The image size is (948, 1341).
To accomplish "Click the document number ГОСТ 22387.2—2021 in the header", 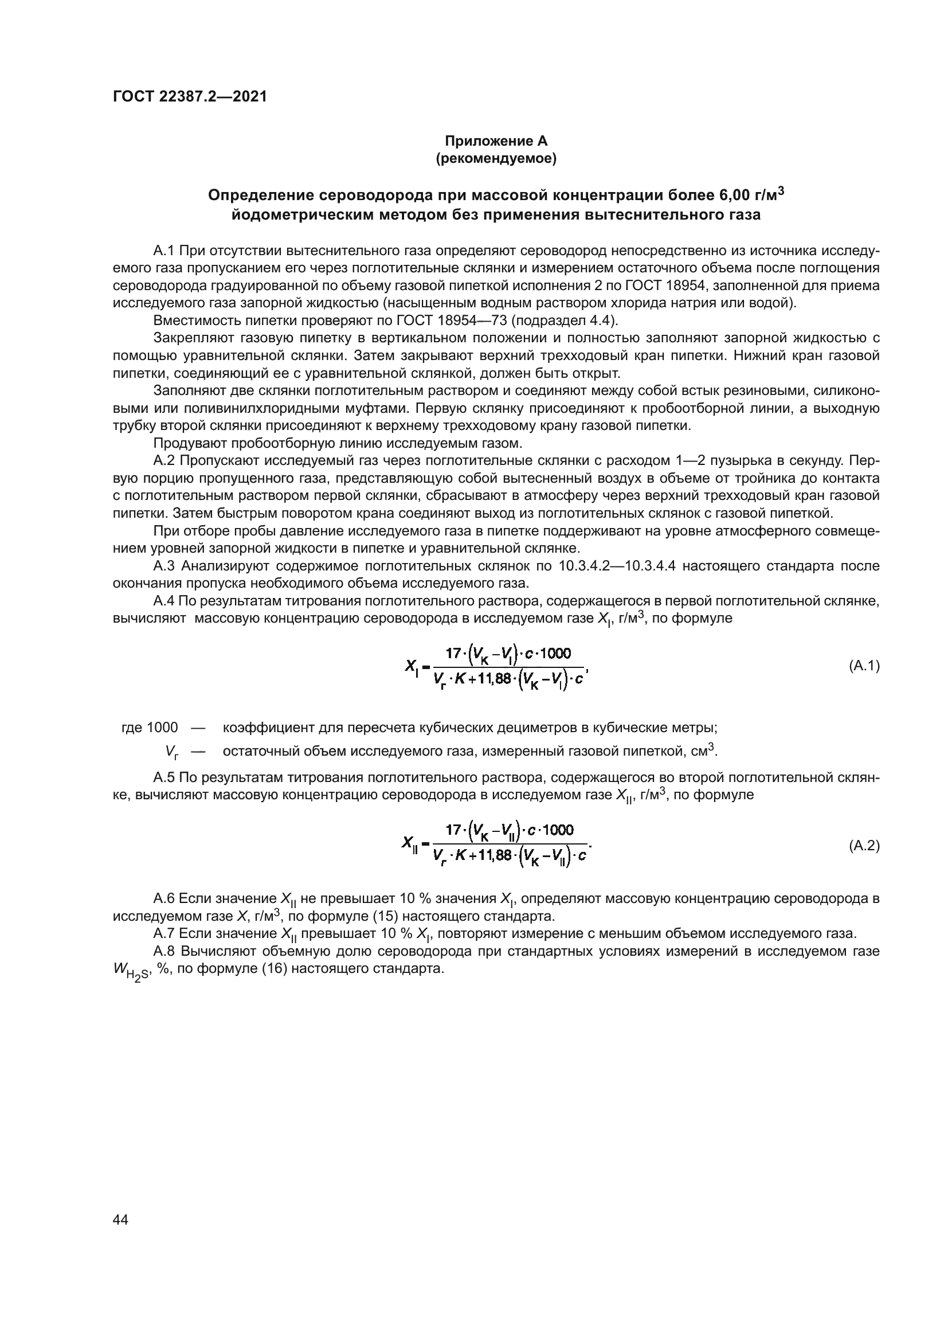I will point(190,97).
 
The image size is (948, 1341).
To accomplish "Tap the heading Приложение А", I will point(496,141).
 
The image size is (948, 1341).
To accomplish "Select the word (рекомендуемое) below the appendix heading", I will point(496,158).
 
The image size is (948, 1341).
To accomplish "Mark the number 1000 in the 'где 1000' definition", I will point(162,728).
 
